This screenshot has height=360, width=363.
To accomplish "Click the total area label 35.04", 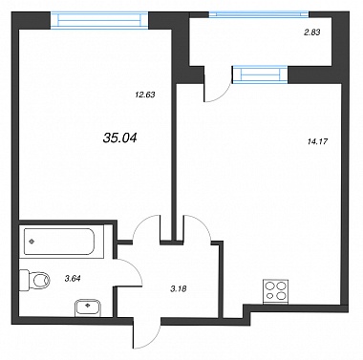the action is coord(120,138).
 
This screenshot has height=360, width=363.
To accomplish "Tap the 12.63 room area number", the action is coord(144,95).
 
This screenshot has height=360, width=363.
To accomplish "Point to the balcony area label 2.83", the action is coord(311,32).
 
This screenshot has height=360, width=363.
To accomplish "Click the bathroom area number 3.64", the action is coord(73,279).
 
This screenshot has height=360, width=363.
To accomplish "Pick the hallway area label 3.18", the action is coord(179,289).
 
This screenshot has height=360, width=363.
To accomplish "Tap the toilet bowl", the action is coord(35,281).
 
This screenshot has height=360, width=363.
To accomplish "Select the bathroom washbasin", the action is coord(88,307).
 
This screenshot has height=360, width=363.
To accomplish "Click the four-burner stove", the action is coord(276,291).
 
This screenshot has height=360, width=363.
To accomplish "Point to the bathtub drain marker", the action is coord(32,242).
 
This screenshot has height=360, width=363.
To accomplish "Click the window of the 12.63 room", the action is coord(99,20).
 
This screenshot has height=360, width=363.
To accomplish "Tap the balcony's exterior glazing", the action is coord(259,14).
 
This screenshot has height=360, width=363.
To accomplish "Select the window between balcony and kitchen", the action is coord(260,74).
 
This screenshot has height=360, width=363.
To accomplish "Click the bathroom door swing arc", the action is coord(135,268).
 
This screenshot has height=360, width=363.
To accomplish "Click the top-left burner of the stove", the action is coord(270,286).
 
